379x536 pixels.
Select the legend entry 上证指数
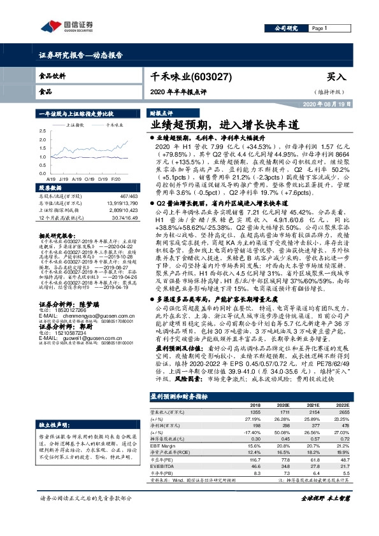click(76, 126)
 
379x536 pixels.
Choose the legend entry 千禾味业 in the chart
click(117, 126)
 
